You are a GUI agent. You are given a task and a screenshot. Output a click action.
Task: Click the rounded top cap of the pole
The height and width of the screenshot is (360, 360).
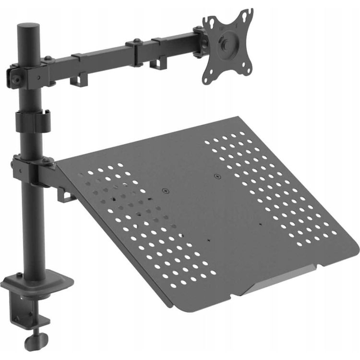pyautogui.click(x=29, y=26)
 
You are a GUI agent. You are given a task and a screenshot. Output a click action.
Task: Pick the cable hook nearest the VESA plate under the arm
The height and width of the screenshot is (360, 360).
pyautogui.click(x=158, y=63)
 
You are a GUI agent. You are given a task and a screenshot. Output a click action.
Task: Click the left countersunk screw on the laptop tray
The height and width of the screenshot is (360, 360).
pyautogui.click(x=167, y=191)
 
